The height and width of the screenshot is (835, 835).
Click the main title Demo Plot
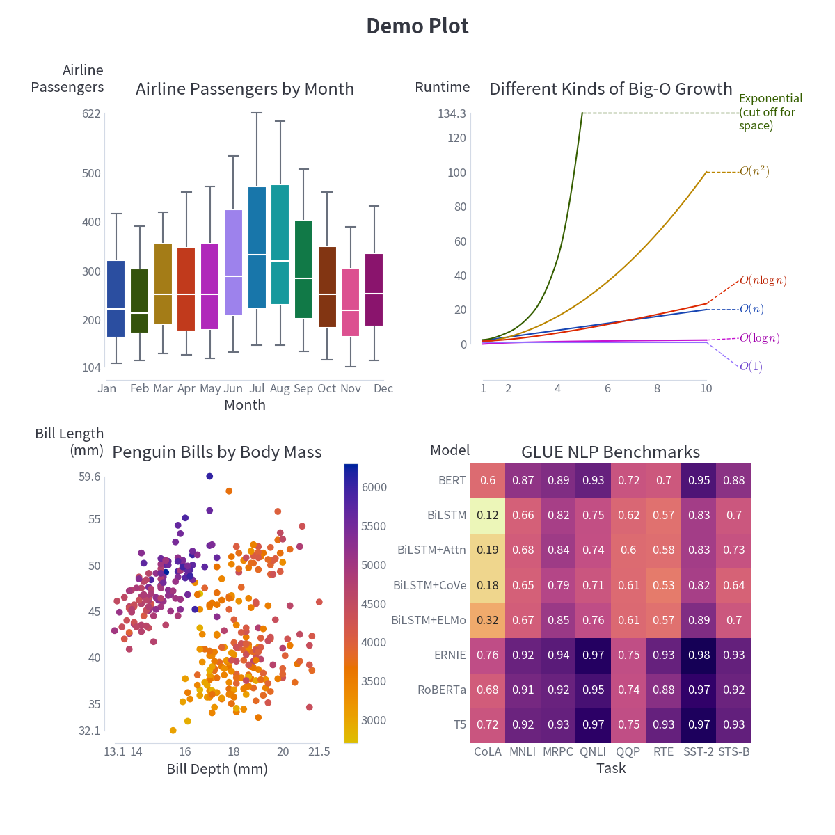point(417,26)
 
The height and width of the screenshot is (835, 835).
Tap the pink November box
point(351,302)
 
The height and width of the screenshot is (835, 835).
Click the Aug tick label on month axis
point(280,388)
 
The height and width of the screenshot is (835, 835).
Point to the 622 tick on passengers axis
point(91,114)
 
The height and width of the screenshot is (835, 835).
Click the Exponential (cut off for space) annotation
point(770,112)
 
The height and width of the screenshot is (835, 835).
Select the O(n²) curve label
point(754,171)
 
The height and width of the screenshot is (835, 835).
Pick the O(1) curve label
point(751,367)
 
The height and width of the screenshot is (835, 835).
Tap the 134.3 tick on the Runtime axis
point(452,114)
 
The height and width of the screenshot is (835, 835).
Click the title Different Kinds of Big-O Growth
point(610,89)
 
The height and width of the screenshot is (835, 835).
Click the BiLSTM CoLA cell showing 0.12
point(488,516)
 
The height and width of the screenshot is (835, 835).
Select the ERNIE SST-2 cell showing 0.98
point(699,655)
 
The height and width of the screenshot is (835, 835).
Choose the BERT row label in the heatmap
point(452,481)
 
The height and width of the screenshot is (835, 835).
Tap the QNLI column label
point(594,751)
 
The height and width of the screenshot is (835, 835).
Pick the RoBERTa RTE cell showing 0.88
point(664,690)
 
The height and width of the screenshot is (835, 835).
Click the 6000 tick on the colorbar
point(374,488)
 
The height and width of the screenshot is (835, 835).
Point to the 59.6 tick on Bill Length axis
point(90,477)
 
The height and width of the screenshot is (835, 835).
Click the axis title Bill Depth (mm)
point(217,769)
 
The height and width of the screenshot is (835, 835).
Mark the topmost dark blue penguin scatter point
point(209,476)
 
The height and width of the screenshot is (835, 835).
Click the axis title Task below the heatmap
point(611,768)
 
